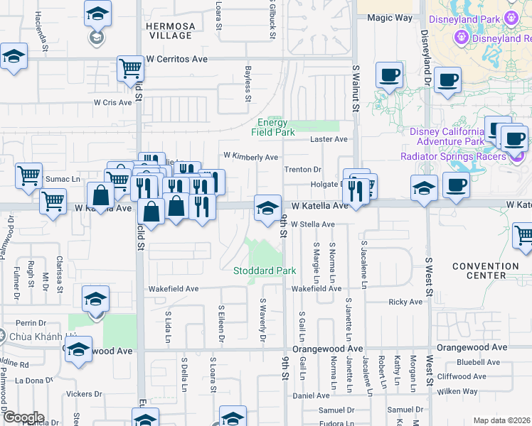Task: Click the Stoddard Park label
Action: pos(265,271)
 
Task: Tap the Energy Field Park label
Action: pos(276,127)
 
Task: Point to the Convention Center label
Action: pos(486,271)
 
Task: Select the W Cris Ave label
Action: pos(113,102)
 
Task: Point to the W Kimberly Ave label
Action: pos(250,156)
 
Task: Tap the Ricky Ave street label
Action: pos(405,302)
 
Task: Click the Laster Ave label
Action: pos(329,139)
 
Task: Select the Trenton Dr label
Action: pos(303,170)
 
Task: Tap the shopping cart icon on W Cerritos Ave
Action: pos(131,68)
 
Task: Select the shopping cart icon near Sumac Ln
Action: pos(28,173)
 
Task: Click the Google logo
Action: pos(23,417)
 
